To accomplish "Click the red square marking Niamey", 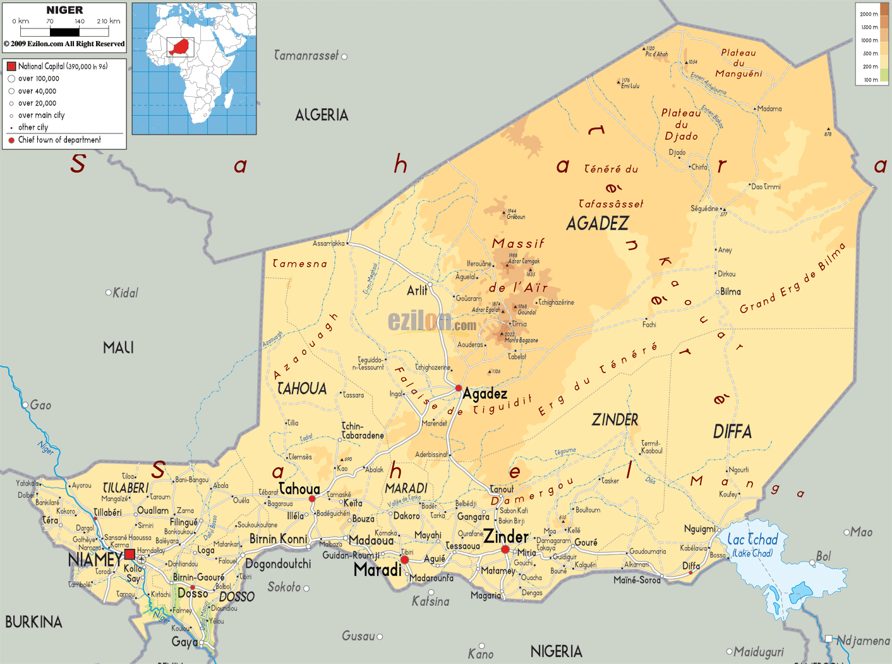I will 130,554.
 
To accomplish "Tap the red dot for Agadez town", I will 459,388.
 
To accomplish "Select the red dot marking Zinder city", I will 505,550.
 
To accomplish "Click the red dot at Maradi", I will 404,560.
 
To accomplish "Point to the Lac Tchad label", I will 752,539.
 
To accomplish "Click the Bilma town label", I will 730,292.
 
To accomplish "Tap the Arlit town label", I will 417,290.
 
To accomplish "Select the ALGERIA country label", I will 322,115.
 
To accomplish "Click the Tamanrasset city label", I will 306,56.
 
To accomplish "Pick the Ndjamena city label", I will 863,641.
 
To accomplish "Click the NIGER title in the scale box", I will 64,10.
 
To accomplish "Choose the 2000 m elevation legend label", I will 869,14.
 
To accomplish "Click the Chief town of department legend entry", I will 59,140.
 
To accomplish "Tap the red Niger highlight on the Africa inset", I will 180,47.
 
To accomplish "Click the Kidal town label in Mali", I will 125,293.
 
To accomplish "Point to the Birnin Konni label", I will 278,539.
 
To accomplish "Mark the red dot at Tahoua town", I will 311,499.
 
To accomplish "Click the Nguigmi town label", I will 699,529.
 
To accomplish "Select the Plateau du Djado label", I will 681,124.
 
